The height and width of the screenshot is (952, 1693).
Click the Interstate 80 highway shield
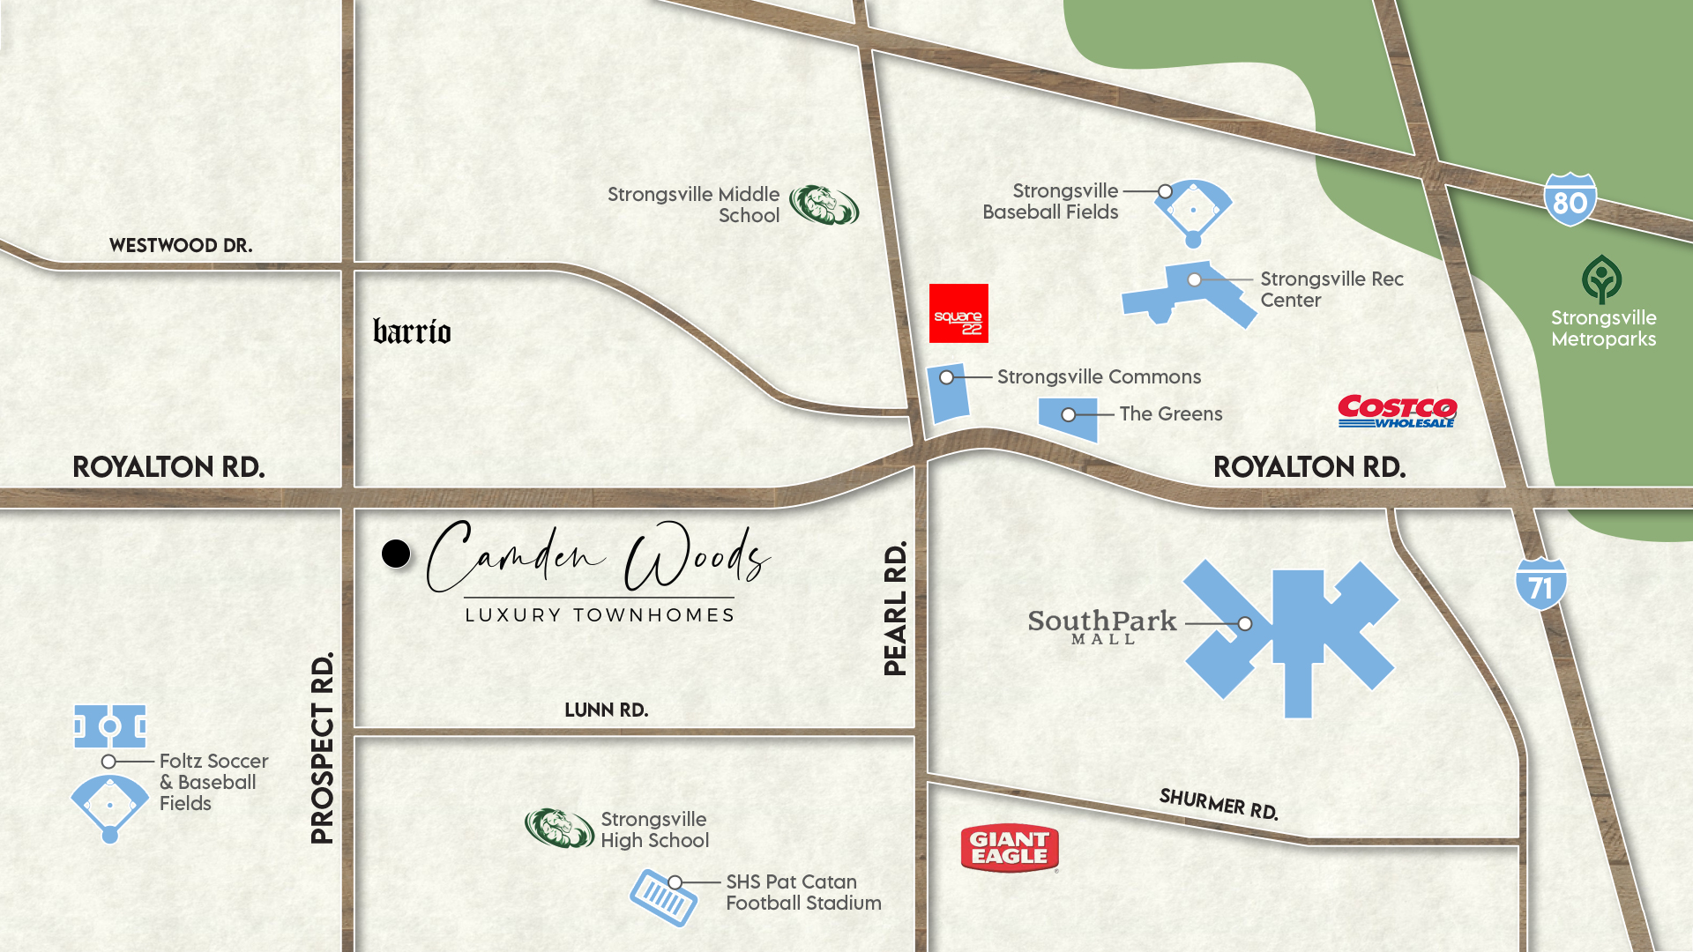(1570, 200)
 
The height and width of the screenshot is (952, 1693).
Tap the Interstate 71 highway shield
(1540, 584)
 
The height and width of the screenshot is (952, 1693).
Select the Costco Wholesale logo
(1397, 412)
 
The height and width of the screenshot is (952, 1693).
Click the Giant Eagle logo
(1010, 848)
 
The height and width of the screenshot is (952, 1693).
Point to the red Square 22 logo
(958, 313)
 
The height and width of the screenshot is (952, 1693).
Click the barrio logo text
(412, 331)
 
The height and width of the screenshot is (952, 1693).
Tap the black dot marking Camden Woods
(396, 554)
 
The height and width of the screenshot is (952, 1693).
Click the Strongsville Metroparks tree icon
(1601, 279)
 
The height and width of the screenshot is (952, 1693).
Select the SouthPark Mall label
(1102, 626)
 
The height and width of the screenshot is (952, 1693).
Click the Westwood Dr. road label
(181, 245)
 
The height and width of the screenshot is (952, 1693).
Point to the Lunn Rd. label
(606, 710)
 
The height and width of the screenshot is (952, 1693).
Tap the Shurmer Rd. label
(1219, 803)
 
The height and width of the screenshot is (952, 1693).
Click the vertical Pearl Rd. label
(895, 608)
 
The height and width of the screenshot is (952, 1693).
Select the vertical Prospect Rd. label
(323, 747)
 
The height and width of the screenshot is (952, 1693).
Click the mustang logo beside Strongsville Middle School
(824, 205)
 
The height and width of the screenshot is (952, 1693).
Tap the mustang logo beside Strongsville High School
(559, 829)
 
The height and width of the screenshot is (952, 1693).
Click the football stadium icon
(663, 897)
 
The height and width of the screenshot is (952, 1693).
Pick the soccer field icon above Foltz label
(110, 726)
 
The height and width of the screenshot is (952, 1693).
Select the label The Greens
(1170, 413)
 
